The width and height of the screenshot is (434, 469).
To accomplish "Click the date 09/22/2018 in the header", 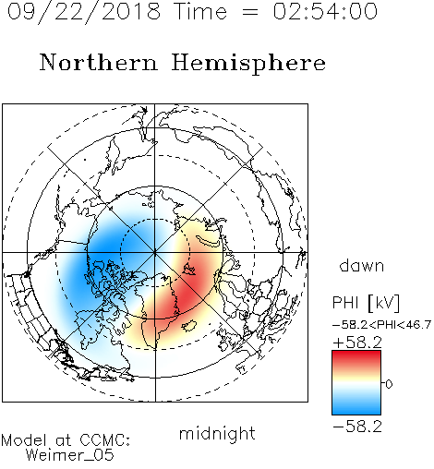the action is (x=84, y=12).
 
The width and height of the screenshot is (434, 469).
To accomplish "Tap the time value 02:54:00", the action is (x=325, y=11).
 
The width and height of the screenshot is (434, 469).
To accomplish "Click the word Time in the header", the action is (x=200, y=11).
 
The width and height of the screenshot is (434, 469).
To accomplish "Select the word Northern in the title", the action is (x=99, y=62).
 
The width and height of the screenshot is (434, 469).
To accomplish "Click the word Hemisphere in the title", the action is (x=248, y=64).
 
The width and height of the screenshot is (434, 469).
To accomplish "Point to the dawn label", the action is (x=362, y=265).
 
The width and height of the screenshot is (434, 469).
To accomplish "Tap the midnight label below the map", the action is (x=217, y=434).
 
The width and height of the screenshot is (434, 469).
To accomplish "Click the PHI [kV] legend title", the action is (x=366, y=302).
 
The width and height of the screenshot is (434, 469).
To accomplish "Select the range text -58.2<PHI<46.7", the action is (x=381, y=325).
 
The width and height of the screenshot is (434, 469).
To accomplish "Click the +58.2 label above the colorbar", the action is (x=357, y=343).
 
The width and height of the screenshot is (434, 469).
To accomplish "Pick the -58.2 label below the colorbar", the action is (x=357, y=427).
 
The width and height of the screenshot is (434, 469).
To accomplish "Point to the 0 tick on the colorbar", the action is (x=389, y=384).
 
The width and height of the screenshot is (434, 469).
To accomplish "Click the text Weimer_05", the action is (x=70, y=455).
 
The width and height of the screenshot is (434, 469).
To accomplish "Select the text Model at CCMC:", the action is (x=66, y=440).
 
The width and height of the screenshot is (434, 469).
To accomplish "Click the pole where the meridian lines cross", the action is (x=155, y=253).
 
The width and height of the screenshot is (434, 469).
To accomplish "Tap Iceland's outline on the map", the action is (x=188, y=326).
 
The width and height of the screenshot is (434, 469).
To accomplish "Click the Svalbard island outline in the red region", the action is (x=189, y=269).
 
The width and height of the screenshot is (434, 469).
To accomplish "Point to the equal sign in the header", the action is (x=250, y=12).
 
